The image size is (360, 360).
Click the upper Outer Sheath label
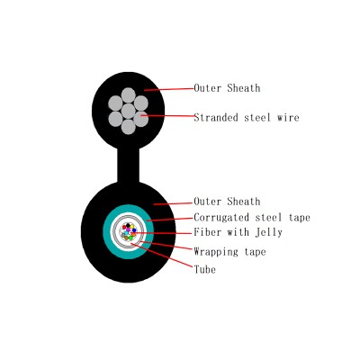[227, 88]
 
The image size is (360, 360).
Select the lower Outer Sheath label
[227, 202]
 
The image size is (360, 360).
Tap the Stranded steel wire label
[247, 117]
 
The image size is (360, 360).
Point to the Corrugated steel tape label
[252, 217]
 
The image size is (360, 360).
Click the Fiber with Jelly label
[238, 232]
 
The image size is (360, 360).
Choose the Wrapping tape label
[229, 251]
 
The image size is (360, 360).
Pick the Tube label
[205, 269]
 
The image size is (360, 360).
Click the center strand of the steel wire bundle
[129, 111]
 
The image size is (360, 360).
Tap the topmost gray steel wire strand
[129, 95]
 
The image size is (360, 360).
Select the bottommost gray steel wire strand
[129, 127]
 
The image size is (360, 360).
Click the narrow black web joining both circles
[129, 165]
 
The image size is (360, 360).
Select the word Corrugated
[221, 217]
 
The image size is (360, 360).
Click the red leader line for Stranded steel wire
[167, 115]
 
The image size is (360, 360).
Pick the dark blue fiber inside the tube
[134, 230]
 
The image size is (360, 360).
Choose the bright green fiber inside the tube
[130, 238]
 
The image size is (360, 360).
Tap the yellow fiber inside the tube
[131, 227]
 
